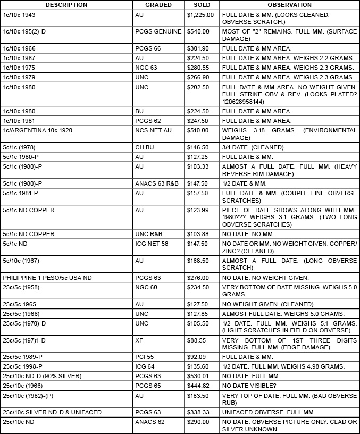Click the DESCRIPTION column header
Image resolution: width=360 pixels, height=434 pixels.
(x=66, y=5)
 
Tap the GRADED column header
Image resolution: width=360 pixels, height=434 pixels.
(x=158, y=5)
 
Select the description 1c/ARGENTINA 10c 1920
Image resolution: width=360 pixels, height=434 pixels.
(x=38, y=130)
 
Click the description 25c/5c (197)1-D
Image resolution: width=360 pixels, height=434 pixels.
(x=28, y=340)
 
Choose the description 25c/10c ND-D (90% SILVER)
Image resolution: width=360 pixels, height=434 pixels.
(x=43, y=376)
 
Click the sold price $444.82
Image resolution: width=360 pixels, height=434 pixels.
(x=197, y=385)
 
